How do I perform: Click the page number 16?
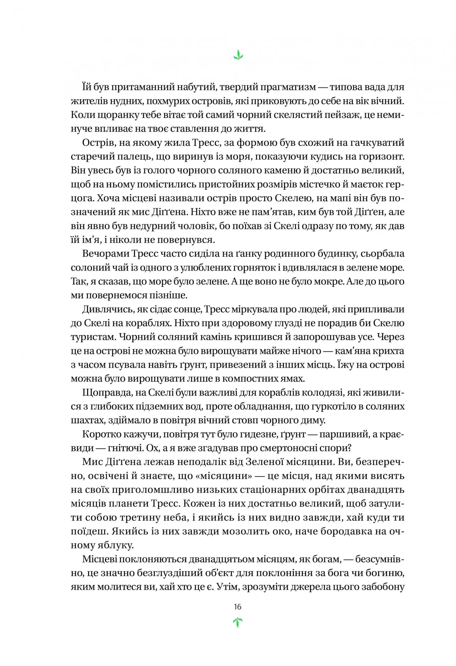click(x=237, y=607)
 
